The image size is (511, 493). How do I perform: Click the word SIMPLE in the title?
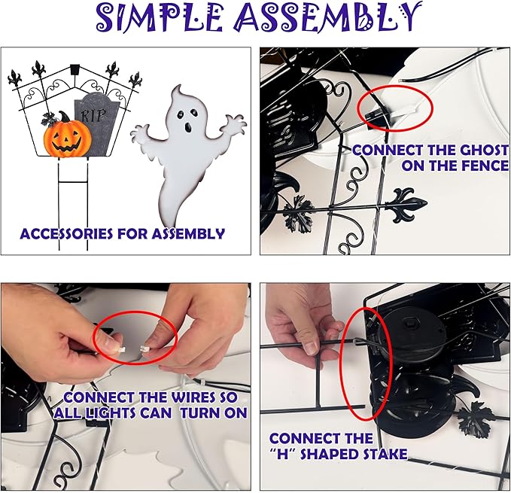click(160, 17)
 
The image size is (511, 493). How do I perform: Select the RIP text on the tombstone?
click(93, 115)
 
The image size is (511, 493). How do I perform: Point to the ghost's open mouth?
click(188, 127)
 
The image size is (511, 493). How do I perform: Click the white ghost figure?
click(187, 153)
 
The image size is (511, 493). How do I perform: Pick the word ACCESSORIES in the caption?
click(67, 234)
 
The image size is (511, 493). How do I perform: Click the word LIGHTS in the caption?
click(108, 413)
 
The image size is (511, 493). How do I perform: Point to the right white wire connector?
click(144, 349)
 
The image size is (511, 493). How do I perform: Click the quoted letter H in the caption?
click(282, 454)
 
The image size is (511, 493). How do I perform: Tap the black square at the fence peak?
click(75, 68)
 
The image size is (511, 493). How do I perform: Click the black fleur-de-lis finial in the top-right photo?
click(406, 205)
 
